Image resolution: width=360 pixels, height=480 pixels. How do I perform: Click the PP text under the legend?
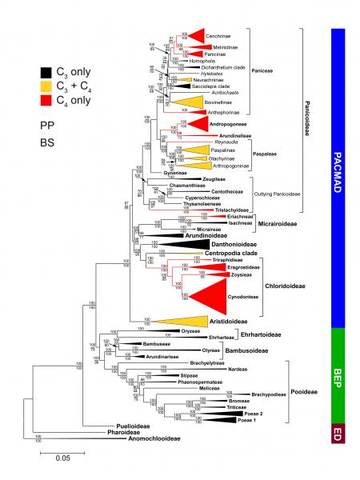(x=48, y=126)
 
